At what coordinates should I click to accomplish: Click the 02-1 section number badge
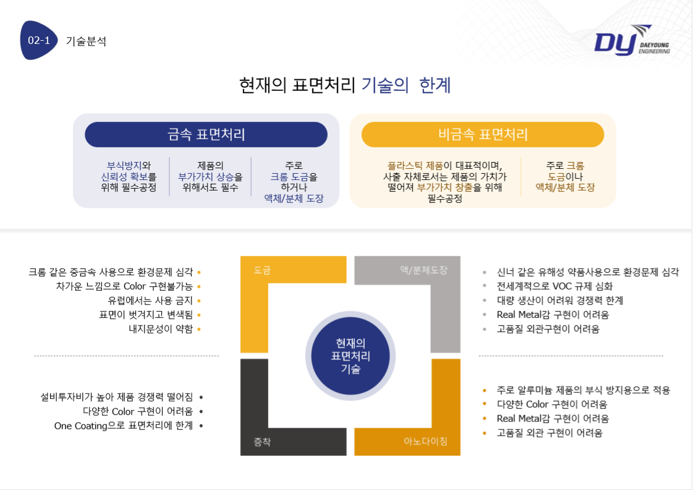pos(38,40)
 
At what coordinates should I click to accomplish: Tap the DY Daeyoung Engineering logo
pos(632,41)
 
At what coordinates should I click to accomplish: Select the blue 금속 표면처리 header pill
pos(206,134)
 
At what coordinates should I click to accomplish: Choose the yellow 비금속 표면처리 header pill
pos(483,134)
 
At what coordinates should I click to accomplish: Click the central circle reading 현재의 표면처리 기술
pos(351,356)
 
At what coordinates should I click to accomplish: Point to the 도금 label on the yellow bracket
pos(262,270)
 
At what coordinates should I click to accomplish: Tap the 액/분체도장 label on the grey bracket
pos(424,270)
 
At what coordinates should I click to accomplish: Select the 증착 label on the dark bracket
pos(262,441)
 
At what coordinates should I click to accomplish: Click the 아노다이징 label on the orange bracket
pos(425,441)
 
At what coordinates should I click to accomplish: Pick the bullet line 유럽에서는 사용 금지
pos(150,301)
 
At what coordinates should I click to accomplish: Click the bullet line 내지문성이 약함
pos(161,329)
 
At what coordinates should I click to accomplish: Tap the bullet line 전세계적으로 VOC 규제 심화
pos(555,286)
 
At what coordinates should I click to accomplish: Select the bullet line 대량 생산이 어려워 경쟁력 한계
pos(560,301)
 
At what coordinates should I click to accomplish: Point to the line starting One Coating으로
pos(124,426)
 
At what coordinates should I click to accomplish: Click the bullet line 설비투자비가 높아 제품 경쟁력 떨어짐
pos(117,397)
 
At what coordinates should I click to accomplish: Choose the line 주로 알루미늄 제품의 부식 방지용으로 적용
pos(584,390)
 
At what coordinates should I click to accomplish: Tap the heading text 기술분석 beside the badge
pos(86,41)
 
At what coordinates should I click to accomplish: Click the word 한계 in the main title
pos(435,85)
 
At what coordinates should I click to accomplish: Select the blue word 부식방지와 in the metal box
pos(129,166)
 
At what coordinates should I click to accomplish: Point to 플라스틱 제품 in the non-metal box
pos(415,166)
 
